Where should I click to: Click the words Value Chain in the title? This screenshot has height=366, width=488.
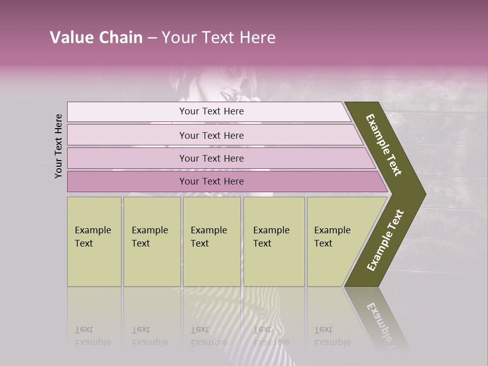96,38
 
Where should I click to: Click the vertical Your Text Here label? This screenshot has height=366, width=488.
58,146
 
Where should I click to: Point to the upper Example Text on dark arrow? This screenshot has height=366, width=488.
384,145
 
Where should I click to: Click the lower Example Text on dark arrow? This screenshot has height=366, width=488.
385,240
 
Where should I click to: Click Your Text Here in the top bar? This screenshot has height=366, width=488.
211,111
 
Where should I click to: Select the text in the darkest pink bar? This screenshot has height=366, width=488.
211,181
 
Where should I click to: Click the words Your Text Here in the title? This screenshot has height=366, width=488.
219,38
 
